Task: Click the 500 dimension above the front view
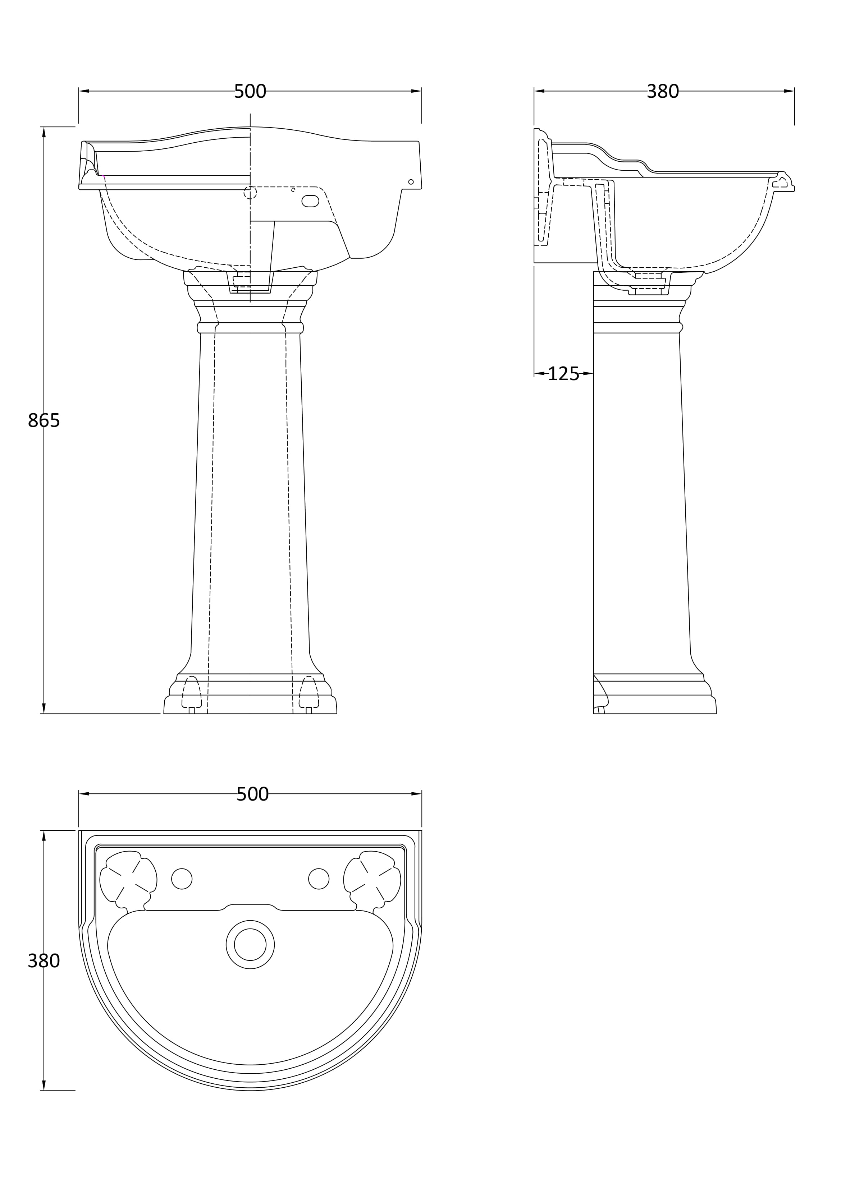point(250,92)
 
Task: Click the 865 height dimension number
point(44,420)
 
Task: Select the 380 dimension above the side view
point(662,92)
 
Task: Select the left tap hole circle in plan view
point(182,879)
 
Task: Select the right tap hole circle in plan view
point(319,879)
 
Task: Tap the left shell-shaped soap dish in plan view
point(128,879)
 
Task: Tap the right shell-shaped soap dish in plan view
point(372,879)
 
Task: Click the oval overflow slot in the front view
point(310,201)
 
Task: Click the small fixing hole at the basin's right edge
point(411,182)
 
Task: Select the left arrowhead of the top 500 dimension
point(84,91)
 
